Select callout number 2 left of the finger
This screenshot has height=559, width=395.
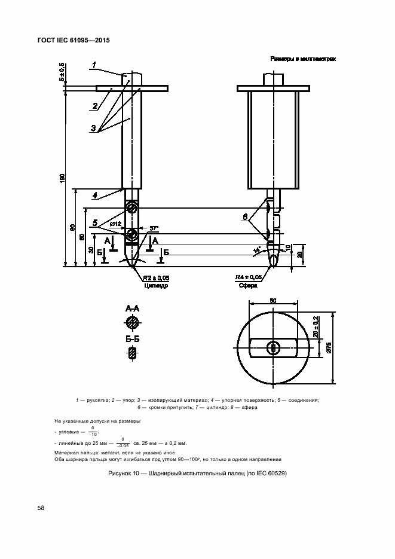click(x=94, y=106)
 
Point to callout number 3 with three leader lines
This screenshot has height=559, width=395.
click(x=94, y=127)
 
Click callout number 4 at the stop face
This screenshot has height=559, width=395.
click(x=94, y=195)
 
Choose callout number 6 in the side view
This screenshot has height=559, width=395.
click(x=244, y=216)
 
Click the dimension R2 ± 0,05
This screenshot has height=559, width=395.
click(x=155, y=278)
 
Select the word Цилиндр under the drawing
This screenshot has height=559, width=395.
click(x=156, y=286)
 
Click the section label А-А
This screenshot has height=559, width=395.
click(x=132, y=308)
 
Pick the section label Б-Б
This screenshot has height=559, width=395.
click(x=132, y=339)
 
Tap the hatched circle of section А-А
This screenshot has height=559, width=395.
click(x=132, y=323)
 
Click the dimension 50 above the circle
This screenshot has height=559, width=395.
click(x=272, y=302)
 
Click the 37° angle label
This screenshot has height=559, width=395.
click(x=154, y=229)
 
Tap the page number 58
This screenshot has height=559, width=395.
click(x=41, y=508)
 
